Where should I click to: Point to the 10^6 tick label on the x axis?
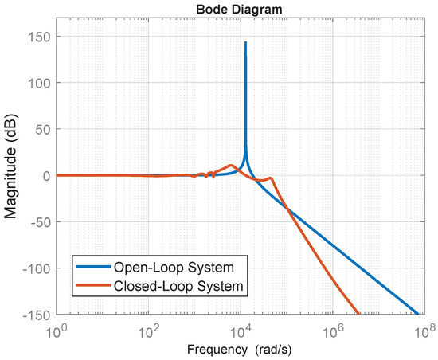pyautogui.click(x=332, y=328)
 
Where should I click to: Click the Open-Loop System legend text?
pyautogui.click(x=178, y=265)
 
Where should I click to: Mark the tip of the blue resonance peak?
pyautogui.click(x=245, y=42)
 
